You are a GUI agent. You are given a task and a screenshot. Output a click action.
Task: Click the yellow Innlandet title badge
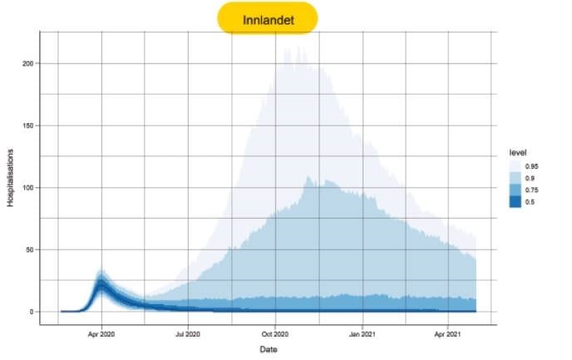(x=268, y=18)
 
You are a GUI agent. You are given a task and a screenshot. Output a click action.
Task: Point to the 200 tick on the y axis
(x=27, y=63)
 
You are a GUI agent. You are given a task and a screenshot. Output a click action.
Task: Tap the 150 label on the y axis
(x=27, y=126)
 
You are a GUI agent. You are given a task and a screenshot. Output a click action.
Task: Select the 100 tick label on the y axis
(x=27, y=187)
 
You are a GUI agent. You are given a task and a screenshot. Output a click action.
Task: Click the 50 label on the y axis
(x=29, y=250)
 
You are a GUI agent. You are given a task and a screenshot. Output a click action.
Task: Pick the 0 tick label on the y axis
(x=32, y=312)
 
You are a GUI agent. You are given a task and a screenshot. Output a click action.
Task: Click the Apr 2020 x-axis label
(x=101, y=334)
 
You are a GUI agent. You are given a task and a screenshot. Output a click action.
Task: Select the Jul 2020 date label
(x=188, y=334)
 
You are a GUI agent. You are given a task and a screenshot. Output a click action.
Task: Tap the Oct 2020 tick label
(x=275, y=334)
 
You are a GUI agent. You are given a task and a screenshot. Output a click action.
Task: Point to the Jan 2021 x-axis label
(x=362, y=334)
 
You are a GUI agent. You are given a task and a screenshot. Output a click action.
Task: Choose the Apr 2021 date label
(x=447, y=334)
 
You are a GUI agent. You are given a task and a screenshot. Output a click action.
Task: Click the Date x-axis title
(x=269, y=349)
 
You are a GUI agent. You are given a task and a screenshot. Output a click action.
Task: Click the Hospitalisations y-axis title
(x=10, y=178)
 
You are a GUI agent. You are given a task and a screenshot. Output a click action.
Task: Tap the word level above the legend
(x=518, y=152)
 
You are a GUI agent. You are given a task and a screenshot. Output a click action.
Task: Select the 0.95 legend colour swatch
(x=515, y=166)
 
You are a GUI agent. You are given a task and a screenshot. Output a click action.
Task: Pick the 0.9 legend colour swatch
(x=515, y=178)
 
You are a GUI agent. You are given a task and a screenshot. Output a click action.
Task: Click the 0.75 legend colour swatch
(x=515, y=190)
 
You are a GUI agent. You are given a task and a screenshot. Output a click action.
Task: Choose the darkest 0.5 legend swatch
(x=515, y=201)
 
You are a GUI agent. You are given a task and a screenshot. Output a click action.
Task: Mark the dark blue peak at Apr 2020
(x=101, y=283)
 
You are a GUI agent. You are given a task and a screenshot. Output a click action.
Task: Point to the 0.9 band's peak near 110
(x=308, y=176)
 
